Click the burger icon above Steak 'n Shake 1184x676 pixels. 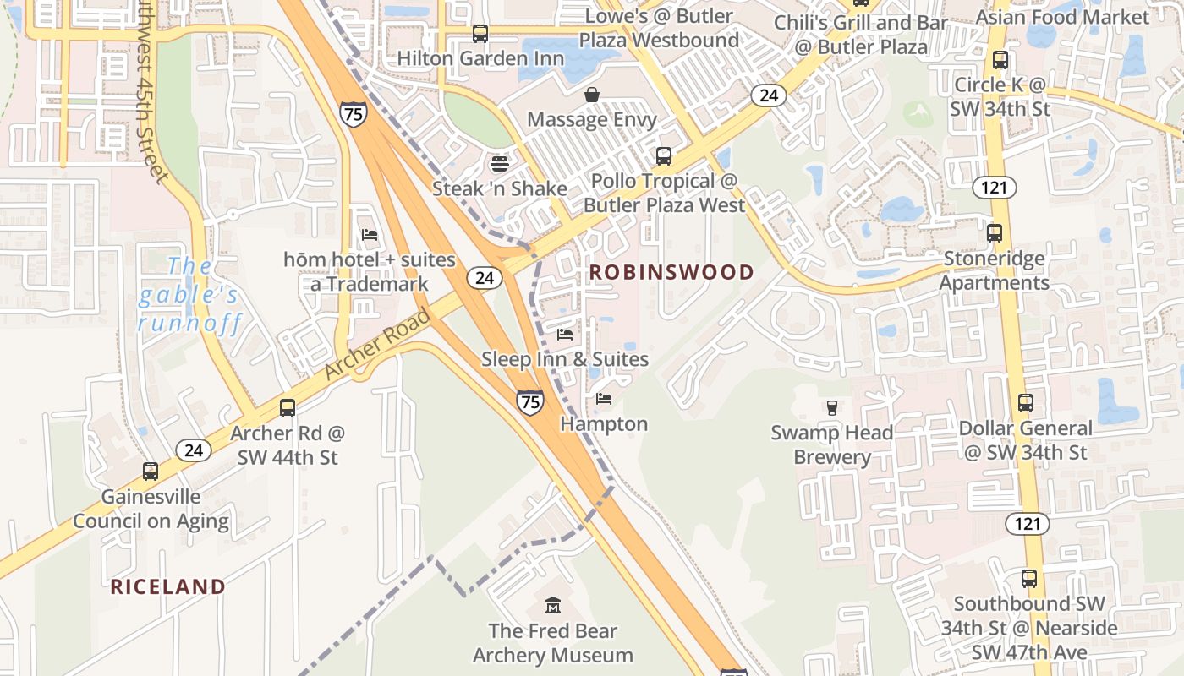[499, 163]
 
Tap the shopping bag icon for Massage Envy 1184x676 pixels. [592, 95]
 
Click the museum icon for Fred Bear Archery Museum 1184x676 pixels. [553, 606]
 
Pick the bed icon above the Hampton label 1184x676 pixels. [603, 399]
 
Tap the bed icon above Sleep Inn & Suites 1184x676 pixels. [565, 335]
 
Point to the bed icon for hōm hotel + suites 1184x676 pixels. [370, 234]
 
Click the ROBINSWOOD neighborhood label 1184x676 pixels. [671, 272]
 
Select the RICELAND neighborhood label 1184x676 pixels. [168, 586]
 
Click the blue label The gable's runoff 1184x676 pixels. [190, 295]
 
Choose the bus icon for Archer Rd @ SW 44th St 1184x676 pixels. [288, 408]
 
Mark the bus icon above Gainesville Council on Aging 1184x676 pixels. [151, 472]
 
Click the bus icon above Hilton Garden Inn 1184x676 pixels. [480, 34]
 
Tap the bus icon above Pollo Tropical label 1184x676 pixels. [664, 156]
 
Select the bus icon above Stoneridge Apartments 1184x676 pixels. [995, 233]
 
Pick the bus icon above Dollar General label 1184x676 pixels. [1026, 403]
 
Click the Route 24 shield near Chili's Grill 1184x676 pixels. [768, 95]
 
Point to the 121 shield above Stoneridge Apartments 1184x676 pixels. [994, 187]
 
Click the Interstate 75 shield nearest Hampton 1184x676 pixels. [529, 402]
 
